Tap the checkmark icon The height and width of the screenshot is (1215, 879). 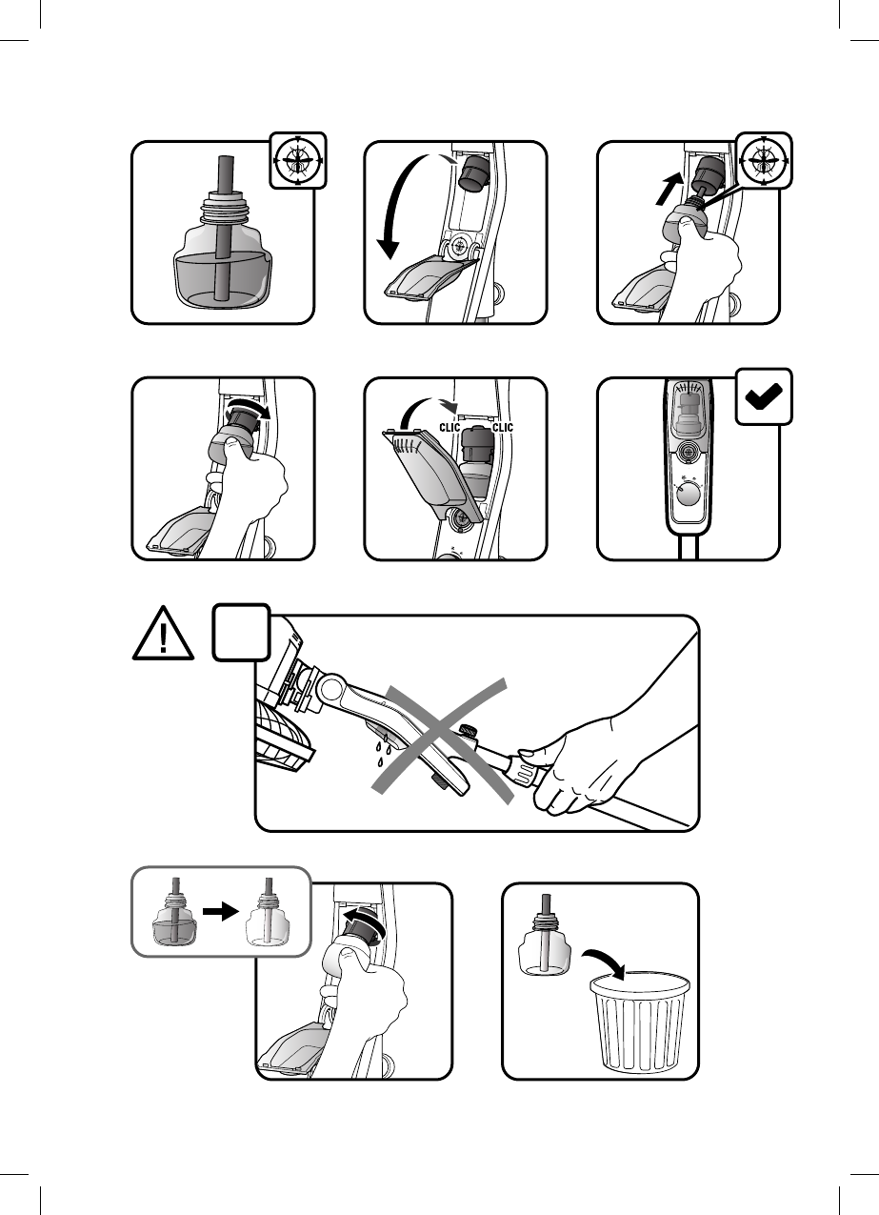pos(764,396)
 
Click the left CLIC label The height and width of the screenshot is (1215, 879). pos(449,428)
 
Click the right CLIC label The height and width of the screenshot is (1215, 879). pos(503,428)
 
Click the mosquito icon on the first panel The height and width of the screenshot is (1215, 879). pos(297,160)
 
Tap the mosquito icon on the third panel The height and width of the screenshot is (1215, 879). pos(764,160)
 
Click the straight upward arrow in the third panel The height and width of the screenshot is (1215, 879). pos(669,189)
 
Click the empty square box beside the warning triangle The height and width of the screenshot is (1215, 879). pos(241,633)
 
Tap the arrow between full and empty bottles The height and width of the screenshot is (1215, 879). pos(221,912)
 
